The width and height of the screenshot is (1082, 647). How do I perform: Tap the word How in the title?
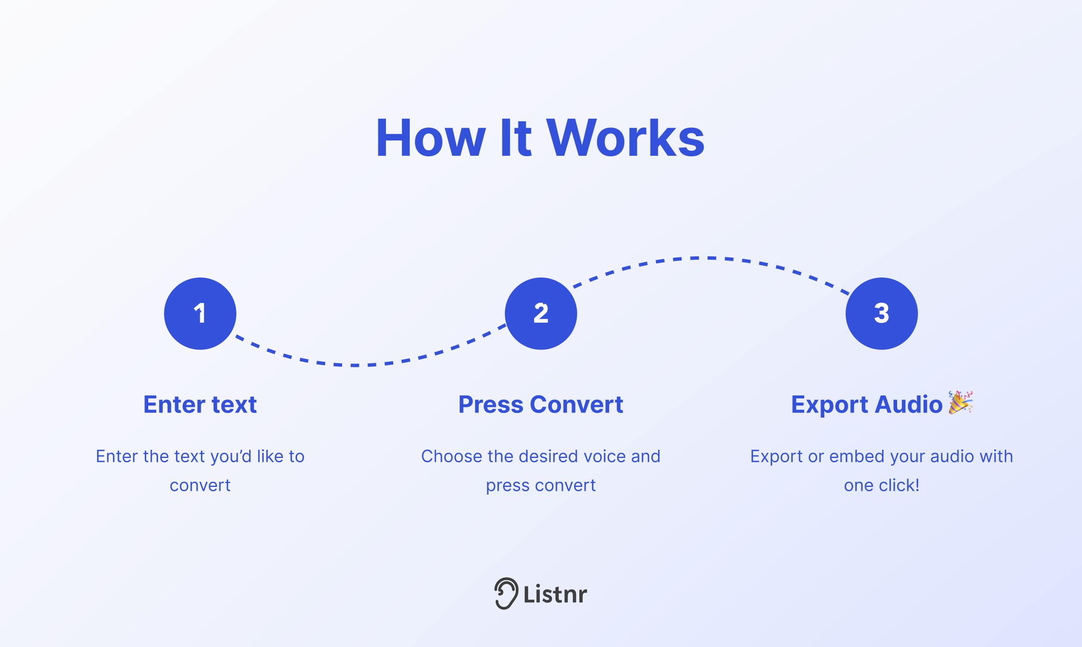(431, 138)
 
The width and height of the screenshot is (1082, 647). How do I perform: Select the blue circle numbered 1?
(200, 313)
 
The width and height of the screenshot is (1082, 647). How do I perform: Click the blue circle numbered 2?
(541, 313)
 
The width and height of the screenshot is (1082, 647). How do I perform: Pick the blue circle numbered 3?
(882, 313)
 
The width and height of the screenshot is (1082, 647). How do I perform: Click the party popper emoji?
(960, 402)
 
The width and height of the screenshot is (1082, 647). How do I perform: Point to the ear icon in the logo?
(506, 593)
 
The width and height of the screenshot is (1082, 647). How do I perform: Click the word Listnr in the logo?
(555, 594)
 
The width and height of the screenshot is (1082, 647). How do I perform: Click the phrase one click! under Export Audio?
(882, 485)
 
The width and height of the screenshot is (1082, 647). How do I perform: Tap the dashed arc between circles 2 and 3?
(709, 258)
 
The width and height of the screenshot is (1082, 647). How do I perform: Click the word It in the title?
(516, 138)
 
